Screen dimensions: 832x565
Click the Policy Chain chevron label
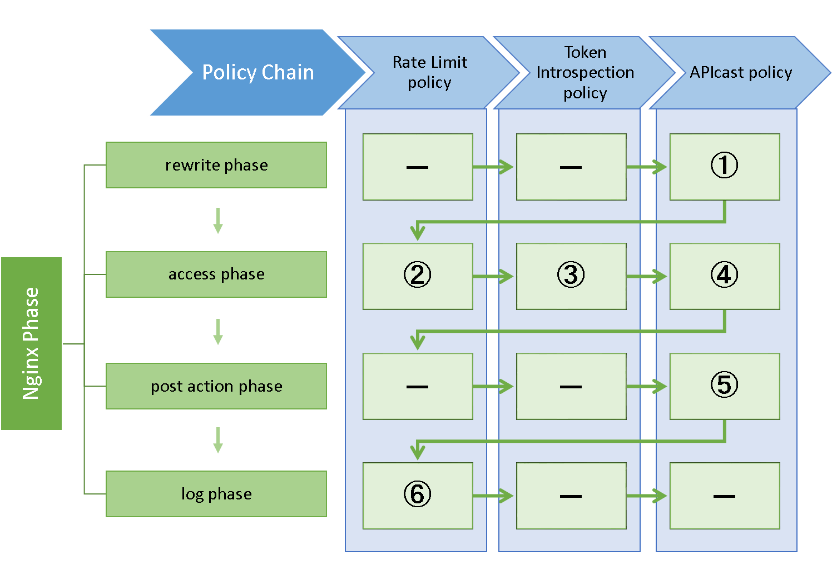[x=257, y=72]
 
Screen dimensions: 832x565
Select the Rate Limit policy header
[x=429, y=73]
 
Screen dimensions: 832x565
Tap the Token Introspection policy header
[x=585, y=73]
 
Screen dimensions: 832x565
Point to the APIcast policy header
[x=741, y=73]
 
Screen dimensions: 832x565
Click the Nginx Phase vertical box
[x=32, y=343]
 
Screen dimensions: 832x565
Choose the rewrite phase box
[x=216, y=165]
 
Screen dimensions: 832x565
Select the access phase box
[x=216, y=274]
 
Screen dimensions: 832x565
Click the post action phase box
[x=216, y=386]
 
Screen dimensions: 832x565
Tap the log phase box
[x=216, y=494]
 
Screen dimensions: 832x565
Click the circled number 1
[x=724, y=165]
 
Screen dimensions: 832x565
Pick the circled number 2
[x=418, y=274]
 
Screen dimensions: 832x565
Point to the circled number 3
[x=571, y=274]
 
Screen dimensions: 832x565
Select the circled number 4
[x=724, y=274]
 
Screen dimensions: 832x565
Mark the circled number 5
[x=724, y=384]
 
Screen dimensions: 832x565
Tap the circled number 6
[x=418, y=494]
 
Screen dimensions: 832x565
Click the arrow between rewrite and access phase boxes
[x=218, y=221]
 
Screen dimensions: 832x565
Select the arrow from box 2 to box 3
[x=493, y=276]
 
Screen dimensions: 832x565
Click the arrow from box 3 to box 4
[x=647, y=276]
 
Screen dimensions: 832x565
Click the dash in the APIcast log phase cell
[x=724, y=496]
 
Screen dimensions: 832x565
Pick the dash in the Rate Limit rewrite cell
[x=418, y=167]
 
